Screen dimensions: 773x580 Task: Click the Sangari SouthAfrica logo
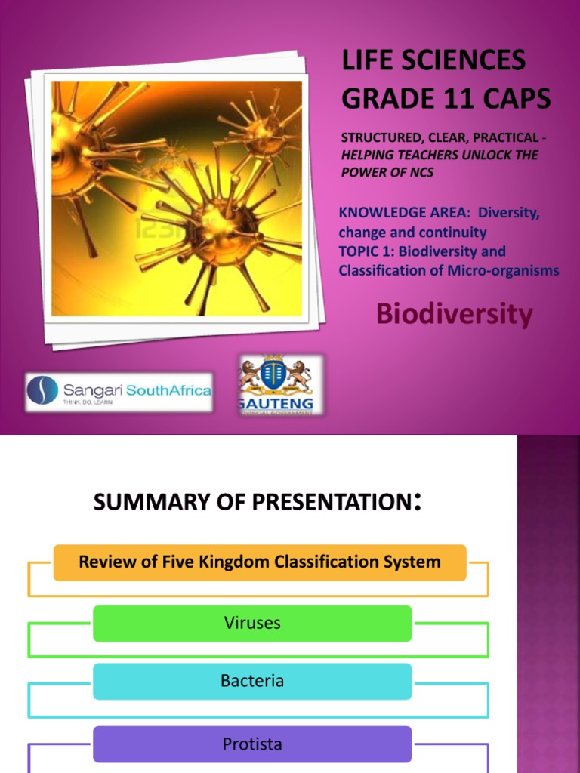[x=119, y=392]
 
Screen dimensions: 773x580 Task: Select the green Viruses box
[x=252, y=623]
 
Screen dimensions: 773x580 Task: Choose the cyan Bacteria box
[x=252, y=681]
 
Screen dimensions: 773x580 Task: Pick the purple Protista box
[x=252, y=744]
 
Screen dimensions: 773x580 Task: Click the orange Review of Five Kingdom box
[x=260, y=562]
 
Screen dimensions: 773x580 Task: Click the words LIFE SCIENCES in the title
[x=433, y=60]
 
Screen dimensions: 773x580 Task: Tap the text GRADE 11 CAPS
[x=446, y=98]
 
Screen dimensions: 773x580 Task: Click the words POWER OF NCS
[x=387, y=172]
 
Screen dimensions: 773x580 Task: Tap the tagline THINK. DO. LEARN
[x=88, y=403]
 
